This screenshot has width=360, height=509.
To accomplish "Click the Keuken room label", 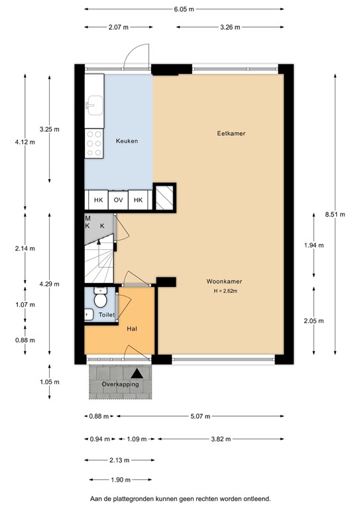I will (127, 141).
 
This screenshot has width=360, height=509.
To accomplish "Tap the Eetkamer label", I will (231, 133).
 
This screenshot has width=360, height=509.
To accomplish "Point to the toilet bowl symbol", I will (101, 300).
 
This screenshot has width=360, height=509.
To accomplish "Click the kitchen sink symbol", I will (93, 104).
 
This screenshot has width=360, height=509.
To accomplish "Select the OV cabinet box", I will (119, 199).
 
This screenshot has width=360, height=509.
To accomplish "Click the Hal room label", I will (132, 328).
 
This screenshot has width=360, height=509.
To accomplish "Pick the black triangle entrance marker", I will (136, 374).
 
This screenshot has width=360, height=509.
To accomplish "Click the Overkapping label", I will (119, 385).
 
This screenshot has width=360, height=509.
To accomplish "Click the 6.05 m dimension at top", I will (184, 10).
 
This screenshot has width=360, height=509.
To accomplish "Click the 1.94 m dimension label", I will (314, 245).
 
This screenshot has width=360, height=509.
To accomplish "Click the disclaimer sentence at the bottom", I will (180, 498).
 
